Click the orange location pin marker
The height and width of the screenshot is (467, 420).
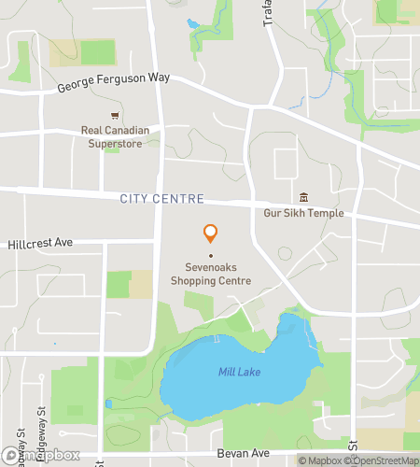[211, 233]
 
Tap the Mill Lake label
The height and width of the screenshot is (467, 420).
[240, 373]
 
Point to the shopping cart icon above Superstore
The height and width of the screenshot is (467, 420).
[115, 116]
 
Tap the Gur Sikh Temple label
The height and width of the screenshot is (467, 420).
[303, 213]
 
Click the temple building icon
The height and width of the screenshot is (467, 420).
[303, 198]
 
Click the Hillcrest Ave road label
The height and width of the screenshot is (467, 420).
[38, 242]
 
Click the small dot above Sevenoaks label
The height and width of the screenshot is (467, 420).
[211, 255]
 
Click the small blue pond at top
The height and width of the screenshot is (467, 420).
[193, 23]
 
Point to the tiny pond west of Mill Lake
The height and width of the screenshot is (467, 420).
[109, 403]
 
